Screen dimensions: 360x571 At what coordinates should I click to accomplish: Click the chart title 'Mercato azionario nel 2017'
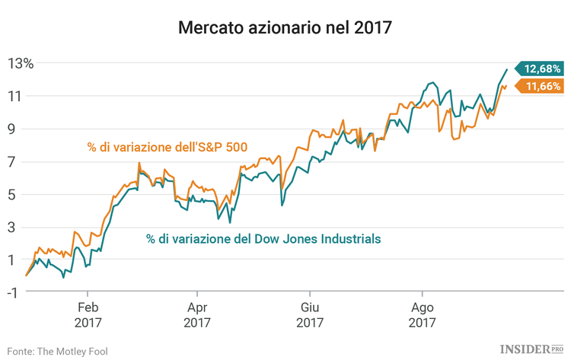click(x=285, y=29)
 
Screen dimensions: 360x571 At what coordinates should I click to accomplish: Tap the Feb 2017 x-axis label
click(x=87, y=316)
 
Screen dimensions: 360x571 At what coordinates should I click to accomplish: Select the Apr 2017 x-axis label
click(x=197, y=316)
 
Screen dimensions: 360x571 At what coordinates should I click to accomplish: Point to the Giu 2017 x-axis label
click(x=309, y=316)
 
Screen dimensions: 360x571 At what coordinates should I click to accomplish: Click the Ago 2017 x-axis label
click(x=422, y=316)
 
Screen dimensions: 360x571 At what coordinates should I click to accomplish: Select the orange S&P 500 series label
click(x=167, y=147)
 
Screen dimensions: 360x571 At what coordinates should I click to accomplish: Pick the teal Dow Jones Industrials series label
click(x=263, y=239)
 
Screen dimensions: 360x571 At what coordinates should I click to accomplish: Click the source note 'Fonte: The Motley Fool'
click(x=57, y=351)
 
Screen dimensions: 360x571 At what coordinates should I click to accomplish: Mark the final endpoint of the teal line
click(x=507, y=69)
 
